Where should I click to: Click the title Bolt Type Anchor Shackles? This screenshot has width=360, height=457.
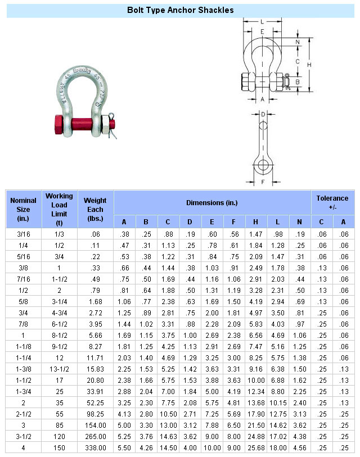coord(180,10)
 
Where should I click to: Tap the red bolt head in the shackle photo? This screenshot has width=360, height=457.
coord(59,124)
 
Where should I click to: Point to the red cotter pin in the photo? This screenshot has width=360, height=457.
coord(112,119)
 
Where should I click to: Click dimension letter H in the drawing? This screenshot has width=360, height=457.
coord(309,65)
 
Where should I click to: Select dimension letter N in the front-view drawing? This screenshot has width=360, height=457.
coord(298,42)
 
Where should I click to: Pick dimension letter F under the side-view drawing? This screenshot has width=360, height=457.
coord(263,182)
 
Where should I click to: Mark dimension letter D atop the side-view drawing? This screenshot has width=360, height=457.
coord(263,114)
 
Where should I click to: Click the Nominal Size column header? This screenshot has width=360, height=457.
coord(23,209)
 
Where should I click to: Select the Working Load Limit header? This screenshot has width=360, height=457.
coord(59,209)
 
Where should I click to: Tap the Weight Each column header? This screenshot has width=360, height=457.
coord(95,209)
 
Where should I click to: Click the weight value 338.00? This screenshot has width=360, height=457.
coord(95,447)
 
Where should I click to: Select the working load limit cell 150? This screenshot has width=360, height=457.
coord(59,447)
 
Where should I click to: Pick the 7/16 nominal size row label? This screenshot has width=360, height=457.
coord(23,279)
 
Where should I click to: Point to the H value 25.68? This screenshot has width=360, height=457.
coord(255,447)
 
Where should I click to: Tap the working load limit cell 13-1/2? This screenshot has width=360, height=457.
coord(59,369)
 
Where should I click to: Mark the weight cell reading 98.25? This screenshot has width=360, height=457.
coord(95,414)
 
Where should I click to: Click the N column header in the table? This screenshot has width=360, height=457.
coord(299,221)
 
